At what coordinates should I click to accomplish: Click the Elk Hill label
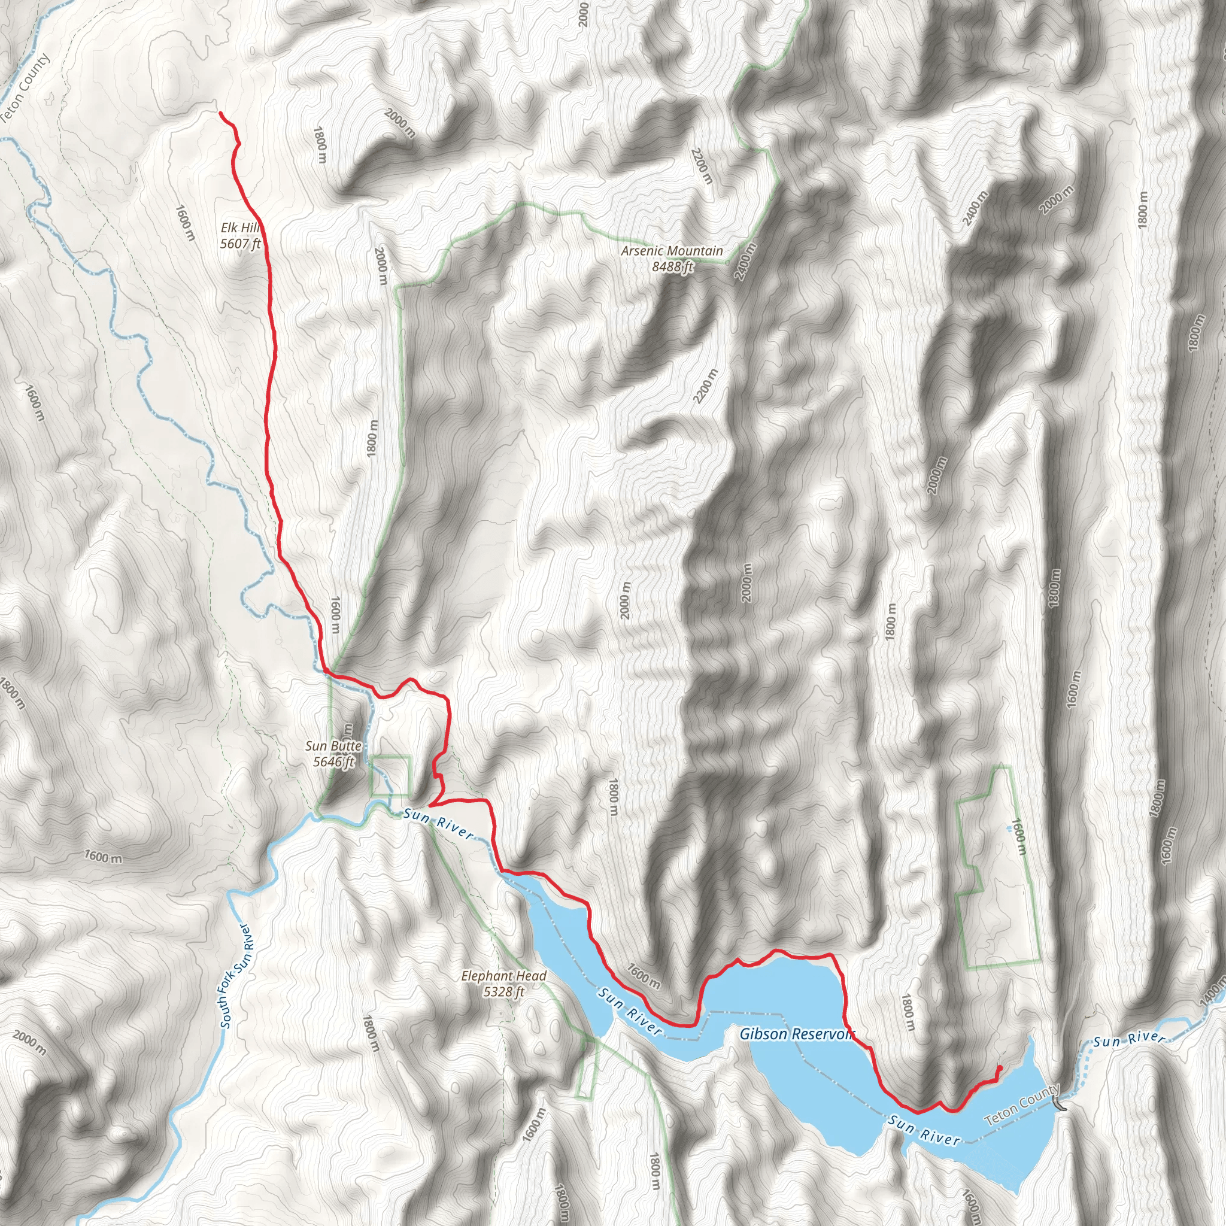coord(240,227)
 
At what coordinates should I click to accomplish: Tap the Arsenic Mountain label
coord(672,251)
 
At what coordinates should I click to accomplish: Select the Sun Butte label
coord(333,746)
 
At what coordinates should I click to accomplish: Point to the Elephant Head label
coord(503,975)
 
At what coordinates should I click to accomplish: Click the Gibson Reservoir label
coord(796,1034)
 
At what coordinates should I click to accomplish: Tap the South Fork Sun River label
coord(235,977)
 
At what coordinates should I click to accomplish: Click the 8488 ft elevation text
coord(672,266)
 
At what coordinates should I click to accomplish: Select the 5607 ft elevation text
coord(240,243)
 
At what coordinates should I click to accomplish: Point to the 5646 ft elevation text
coord(333,761)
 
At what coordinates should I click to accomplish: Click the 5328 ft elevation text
coord(503,991)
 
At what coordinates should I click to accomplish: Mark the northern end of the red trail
coord(220,113)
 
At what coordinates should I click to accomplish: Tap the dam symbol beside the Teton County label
coord(1058,1105)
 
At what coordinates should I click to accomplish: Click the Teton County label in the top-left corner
coord(25,89)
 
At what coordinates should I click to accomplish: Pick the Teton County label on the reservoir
coord(1021,1105)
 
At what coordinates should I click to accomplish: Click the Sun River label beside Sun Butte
coord(438,823)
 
